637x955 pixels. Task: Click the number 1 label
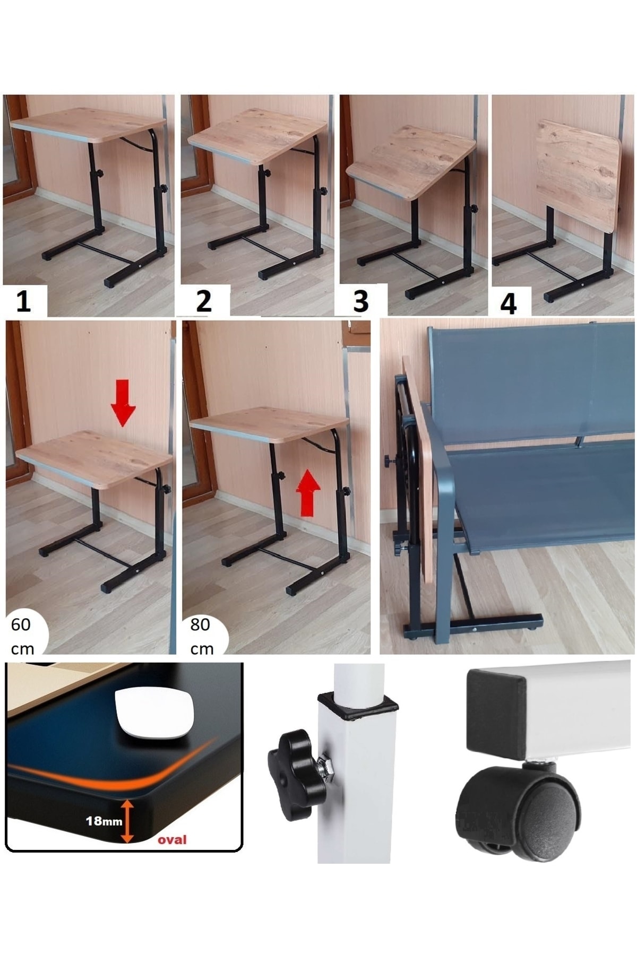click(x=23, y=301)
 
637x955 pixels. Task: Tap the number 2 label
click(x=204, y=301)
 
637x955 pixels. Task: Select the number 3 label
click(x=360, y=301)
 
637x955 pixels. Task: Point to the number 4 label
click(x=508, y=304)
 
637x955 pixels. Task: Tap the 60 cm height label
click(x=22, y=637)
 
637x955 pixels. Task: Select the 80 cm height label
click(x=201, y=637)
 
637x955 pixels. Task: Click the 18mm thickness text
click(x=104, y=821)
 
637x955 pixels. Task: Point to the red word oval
click(x=172, y=839)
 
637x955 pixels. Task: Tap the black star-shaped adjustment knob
click(x=291, y=775)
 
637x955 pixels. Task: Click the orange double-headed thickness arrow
click(x=127, y=821)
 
